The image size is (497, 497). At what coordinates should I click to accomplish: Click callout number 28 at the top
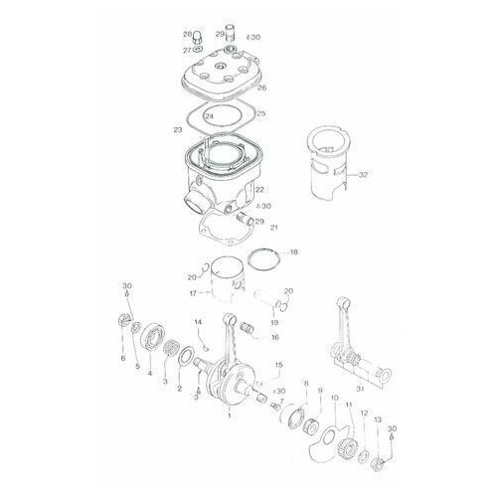click(187, 34)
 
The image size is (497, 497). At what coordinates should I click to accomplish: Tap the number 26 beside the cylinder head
click(261, 87)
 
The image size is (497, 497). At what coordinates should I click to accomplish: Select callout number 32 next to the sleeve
click(364, 175)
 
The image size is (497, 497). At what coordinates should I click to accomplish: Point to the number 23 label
click(177, 130)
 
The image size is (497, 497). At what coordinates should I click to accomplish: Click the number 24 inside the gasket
click(209, 116)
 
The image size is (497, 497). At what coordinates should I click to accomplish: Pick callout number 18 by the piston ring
click(292, 253)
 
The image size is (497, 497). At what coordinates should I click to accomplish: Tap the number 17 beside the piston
click(193, 293)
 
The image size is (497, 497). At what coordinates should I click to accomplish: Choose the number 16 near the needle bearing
click(274, 337)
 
